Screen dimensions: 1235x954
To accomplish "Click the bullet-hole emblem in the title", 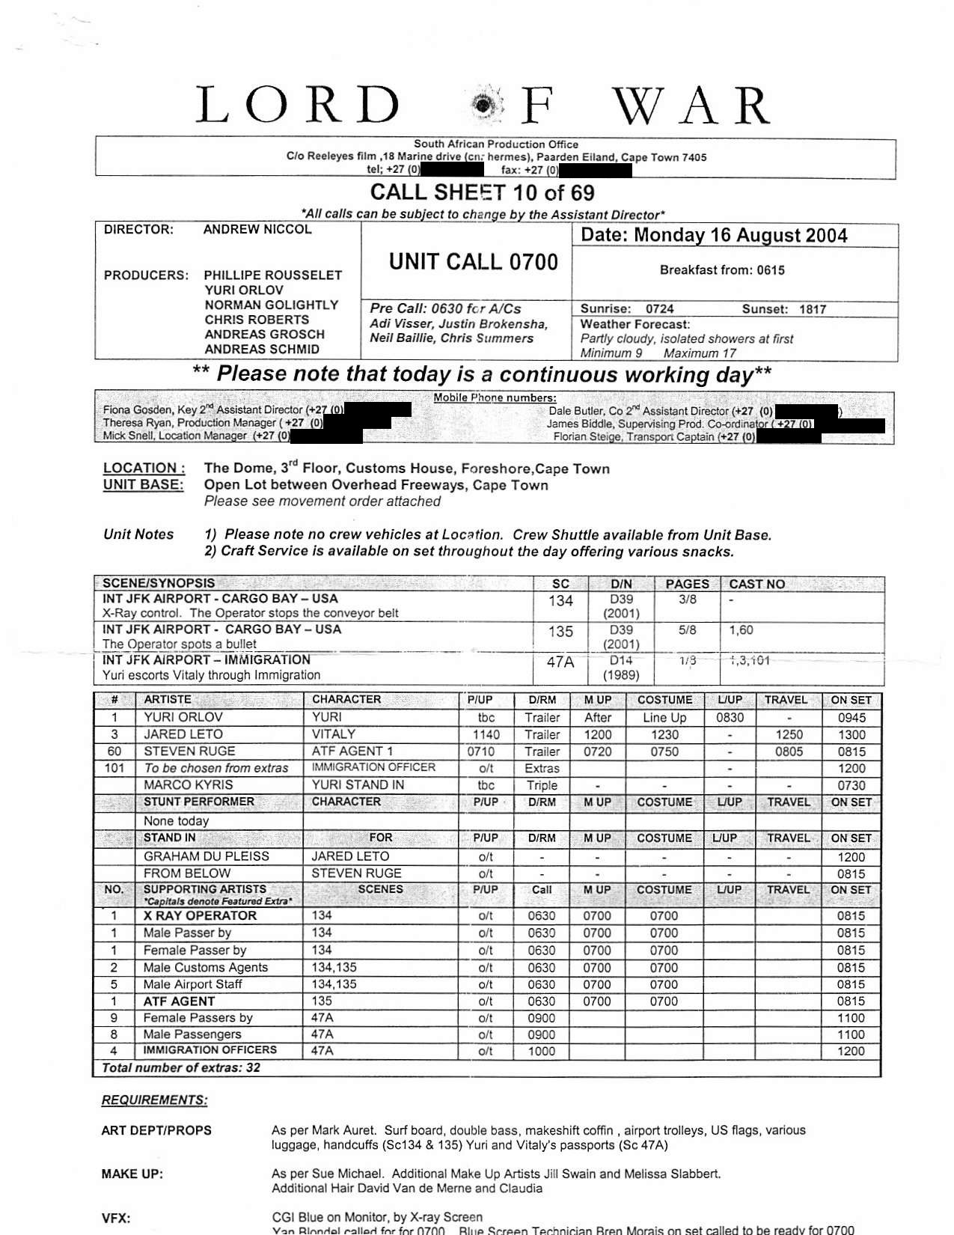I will click(x=487, y=106).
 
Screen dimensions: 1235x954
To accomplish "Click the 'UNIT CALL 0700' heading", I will click(x=474, y=262).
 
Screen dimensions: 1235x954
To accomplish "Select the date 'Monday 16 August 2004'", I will click(x=741, y=236).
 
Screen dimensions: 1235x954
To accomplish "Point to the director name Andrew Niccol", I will click(x=257, y=230).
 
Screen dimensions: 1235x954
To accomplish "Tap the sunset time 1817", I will click(x=812, y=309).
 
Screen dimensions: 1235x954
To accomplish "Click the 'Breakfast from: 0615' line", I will click(x=722, y=270).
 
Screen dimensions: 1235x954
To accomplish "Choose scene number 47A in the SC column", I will click(x=560, y=662).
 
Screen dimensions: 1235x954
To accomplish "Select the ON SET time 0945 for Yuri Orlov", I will click(x=851, y=718).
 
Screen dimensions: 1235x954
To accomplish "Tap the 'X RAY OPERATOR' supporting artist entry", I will click(x=200, y=916).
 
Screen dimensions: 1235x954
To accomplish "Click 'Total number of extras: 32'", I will click(x=181, y=1068).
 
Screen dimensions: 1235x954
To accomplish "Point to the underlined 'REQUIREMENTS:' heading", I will click(x=155, y=1100).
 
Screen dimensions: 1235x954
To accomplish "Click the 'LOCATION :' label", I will click(x=144, y=469).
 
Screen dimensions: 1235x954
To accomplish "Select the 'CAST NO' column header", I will click(x=756, y=584).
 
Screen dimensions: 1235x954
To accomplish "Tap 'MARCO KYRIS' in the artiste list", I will click(x=188, y=785).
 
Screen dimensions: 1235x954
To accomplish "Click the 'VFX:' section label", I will click(x=116, y=1219).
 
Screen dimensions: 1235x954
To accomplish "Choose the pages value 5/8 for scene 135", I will click(x=687, y=631).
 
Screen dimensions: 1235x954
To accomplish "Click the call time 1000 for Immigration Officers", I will click(x=541, y=1052).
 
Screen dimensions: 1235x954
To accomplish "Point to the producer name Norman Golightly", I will click(x=271, y=305).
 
